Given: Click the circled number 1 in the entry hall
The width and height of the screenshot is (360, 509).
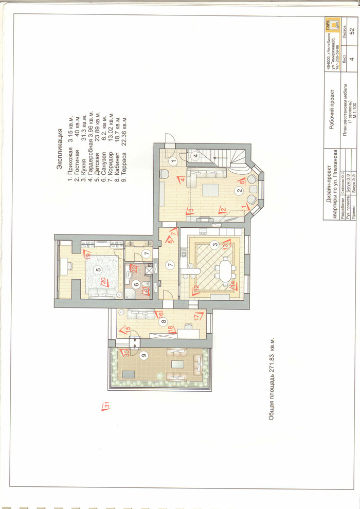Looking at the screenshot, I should point(173,161).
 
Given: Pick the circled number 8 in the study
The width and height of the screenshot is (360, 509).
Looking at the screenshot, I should point(163,322).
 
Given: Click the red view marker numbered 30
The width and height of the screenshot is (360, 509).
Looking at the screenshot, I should point(123,353).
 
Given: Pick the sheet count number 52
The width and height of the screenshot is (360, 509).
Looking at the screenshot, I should point(352,30).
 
